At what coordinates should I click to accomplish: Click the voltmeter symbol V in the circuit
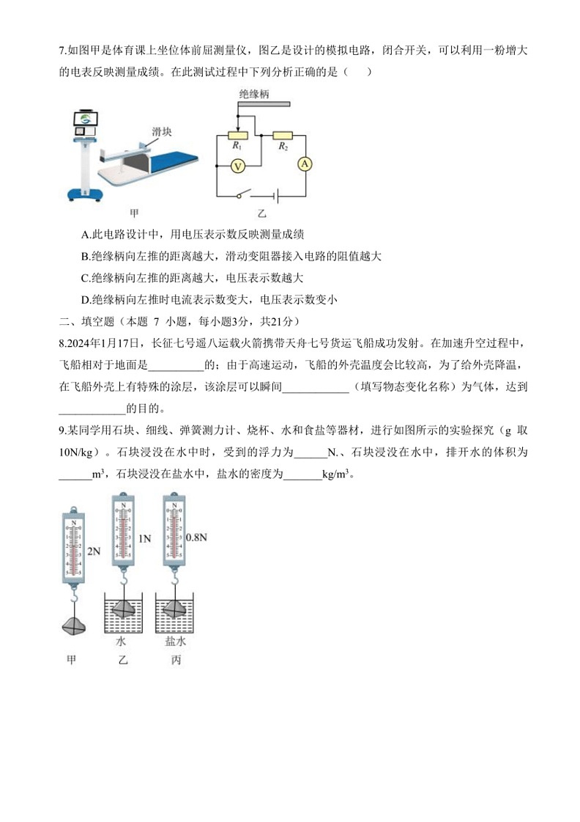pos(237,166)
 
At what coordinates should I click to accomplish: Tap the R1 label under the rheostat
pos(237,147)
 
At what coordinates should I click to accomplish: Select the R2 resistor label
pos(283,147)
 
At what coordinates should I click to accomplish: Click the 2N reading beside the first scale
pos(92,551)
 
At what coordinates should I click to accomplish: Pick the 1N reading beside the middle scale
pos(144,538)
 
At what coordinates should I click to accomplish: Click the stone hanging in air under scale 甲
pos(74,625)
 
